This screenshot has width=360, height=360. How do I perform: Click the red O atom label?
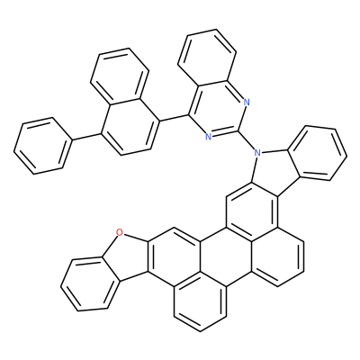[x=120, y=231]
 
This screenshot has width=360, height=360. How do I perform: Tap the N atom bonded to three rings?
[x=256, y=153]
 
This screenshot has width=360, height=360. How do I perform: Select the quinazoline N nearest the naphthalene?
[x=208, y=137]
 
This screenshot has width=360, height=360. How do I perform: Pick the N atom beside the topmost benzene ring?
[x=247, y=102]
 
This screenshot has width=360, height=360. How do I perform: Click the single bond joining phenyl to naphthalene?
[x=86, y=137]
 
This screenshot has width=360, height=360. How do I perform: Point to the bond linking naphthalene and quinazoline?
[x=174, y=118]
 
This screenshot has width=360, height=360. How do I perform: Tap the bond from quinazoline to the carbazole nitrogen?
[x=246, y=140]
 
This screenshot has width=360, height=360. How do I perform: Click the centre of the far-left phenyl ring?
[x=42, y=146]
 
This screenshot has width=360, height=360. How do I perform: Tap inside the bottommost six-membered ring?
[x=200, y=303]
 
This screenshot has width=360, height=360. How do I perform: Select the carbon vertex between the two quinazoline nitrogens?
[x=238, y=130]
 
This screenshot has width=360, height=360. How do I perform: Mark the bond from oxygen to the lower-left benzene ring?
[x=111, y=245]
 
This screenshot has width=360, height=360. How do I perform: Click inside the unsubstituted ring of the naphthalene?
[x=120, y=74]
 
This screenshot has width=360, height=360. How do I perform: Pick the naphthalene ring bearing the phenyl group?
[x=130, y=127]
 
